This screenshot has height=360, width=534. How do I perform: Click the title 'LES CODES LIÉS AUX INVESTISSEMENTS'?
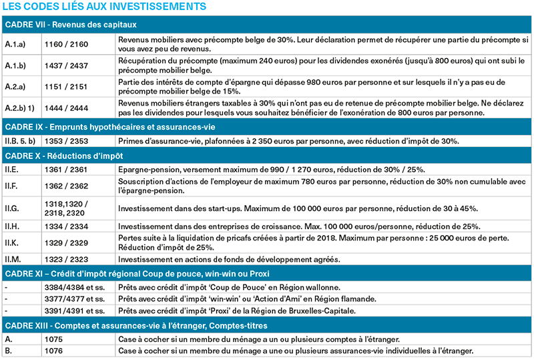(x=103, y=7)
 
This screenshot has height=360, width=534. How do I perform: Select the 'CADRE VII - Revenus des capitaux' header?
(x=70, y=25)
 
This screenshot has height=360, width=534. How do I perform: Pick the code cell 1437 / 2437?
(x=65, y=65)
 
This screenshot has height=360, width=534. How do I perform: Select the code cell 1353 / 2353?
(x=65, y=141)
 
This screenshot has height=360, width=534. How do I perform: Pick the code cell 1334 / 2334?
(x=65, y=226)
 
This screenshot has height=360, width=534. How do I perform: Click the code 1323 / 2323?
(x=65, y=260)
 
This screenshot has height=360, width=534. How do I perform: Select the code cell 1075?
(x=53, y=339)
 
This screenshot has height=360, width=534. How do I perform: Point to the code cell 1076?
(x=53, y=351)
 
